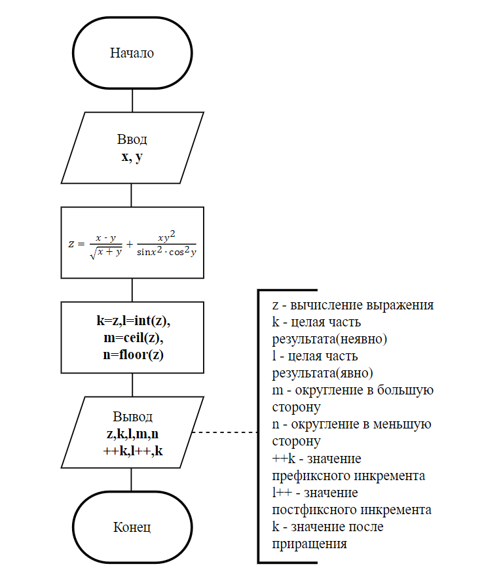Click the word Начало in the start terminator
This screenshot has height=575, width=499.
click(x=132, y=54)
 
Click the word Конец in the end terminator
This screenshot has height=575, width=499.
click(x=132, y=527)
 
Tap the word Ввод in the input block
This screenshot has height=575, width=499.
click(x=132, y=140)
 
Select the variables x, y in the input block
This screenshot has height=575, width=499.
click(x=132, y=157)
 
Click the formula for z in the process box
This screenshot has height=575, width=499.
click(x=132, y=244)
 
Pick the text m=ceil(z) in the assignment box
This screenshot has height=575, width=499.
click(x=132, y=338)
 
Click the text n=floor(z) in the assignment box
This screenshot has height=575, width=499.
click(x=132, y=355)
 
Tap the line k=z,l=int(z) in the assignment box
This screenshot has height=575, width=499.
click(x=132, y=321)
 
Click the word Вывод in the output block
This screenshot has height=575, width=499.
click(x=132, y=417)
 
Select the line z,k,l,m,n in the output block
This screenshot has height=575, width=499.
click(x=132, y=434)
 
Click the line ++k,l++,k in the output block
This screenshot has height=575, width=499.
click(x=132, y=451)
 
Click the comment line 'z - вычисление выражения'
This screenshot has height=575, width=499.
click(x=353, y=305)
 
